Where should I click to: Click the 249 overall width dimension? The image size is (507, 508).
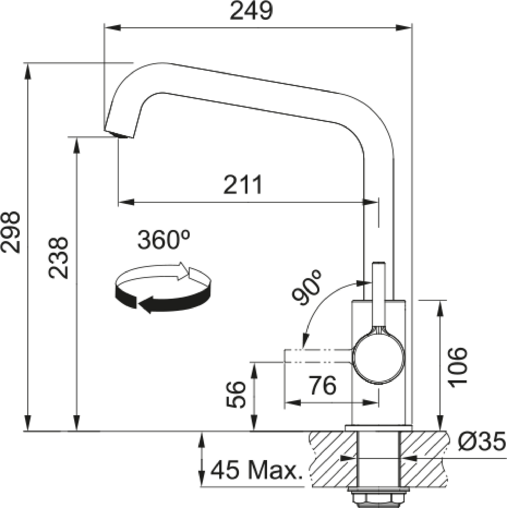[x=251, y=11]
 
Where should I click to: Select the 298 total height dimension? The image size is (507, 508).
[x=10, y=232]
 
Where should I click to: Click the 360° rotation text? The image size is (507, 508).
[x=164, y=240]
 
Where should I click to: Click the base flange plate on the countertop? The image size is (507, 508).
[x=378, y=429]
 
